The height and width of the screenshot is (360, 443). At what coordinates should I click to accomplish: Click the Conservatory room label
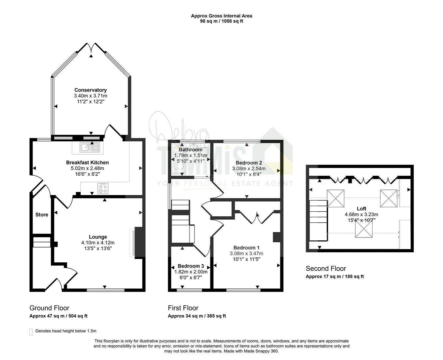pos(91,90)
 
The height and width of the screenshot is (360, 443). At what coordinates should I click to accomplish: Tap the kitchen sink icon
pos(90,147)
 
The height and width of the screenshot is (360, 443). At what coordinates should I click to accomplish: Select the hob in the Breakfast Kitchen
pos(103,188)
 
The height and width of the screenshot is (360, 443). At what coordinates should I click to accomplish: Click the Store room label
pos(42,215)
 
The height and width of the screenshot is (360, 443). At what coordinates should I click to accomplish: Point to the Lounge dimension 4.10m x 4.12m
pos(98,242)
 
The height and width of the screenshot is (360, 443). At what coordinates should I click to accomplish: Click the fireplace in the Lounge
pos(137,242)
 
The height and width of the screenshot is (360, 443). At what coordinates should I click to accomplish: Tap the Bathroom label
pos(191,150)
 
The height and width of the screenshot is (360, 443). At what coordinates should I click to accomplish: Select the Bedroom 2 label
pos(249,163)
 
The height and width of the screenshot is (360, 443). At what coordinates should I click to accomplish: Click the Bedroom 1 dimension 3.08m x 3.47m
pos(246,253)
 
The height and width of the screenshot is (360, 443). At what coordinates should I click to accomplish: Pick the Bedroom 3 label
pos(191,266)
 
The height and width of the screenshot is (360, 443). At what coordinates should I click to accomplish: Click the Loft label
pos(361,209)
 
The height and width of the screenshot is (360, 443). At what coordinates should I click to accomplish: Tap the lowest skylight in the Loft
pos(364,229)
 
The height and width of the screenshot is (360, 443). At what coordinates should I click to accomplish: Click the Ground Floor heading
pos(49,308)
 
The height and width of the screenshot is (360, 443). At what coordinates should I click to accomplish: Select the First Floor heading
pos(183,308)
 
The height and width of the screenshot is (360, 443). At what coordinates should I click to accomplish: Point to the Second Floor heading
pos(326,269)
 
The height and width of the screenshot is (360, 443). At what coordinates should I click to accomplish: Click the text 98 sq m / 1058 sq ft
pos(221,21)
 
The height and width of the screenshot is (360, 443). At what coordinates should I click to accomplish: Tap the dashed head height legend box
pos(31,332)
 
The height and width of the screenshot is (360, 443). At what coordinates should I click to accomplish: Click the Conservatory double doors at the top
pos(91,47)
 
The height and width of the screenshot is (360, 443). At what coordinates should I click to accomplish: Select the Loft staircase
pos(318,221)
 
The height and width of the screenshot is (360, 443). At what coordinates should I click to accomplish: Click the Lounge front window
pos(106,290)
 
